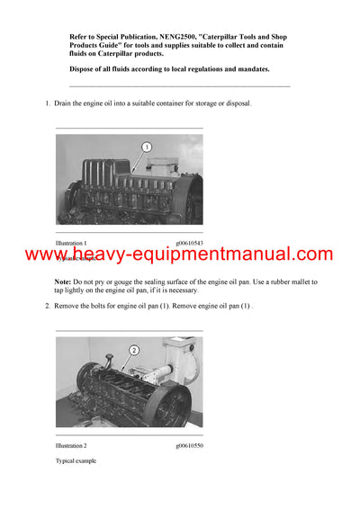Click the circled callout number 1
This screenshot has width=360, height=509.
pos(147,147)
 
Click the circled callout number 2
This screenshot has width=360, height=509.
pos(133,350)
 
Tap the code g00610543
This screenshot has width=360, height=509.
pos(188,243)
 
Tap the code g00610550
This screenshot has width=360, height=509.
pos(188,446)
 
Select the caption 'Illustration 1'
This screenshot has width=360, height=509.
pos(71,243)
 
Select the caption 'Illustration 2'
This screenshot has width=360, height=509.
pos(71,446)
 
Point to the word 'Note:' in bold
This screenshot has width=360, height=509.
pos(67,282)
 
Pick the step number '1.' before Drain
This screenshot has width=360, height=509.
pos(49,104)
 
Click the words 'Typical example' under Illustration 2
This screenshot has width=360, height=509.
pos(76,460)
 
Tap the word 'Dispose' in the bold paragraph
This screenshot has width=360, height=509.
pos(87,69)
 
